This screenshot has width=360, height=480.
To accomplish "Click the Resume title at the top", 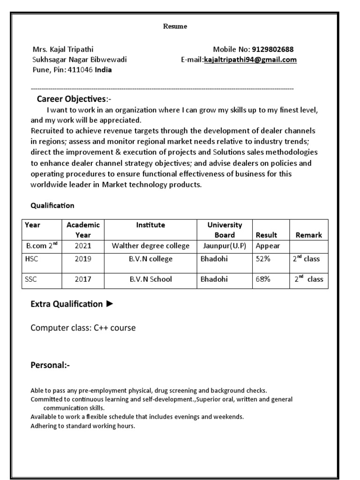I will pyautogui.click(x=175, y=26).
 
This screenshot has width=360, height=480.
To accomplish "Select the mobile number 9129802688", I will pyautogui.click(x=273, y=49).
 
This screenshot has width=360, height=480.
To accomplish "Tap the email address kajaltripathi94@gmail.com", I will pyautogui.click(x=250, y=60).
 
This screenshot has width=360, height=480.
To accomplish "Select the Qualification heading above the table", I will pyautogui.click(x=52, y=205).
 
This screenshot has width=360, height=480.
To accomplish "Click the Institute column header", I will pyautogui.click(x=150, y=225).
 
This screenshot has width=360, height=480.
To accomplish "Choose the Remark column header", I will pyautogui.click(x=308, y=235).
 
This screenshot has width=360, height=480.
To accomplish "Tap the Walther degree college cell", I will pyautogui.click(x=150, y=246).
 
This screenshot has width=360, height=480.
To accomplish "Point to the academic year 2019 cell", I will pyautogui.click(x=83, y=259).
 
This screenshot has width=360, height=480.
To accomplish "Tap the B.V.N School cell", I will pyautogui.click(x=150, y=279).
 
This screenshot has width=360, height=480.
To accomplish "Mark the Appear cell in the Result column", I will pyautogui.click(x=268, y=246).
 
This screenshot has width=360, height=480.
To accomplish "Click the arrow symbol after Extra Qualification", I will pyautogui.click(x=110, y=304).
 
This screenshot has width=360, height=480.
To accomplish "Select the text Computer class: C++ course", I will pyautogui.click(x=83, y=328).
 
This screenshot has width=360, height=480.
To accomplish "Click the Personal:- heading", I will pyautogui.click(x=50, y=365).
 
